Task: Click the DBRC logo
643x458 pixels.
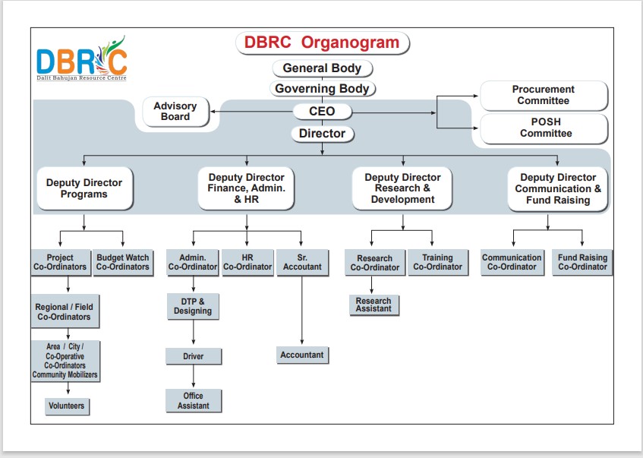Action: point(81,58)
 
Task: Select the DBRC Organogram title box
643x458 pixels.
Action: point(322,43)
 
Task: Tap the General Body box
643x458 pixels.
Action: point(322,68)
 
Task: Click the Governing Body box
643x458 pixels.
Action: point(322,89)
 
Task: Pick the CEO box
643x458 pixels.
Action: point(322,112)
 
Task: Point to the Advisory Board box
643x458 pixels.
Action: point(175,112)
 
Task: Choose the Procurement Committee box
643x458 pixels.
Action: point(544,96)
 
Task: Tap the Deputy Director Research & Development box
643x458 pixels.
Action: point(403,188)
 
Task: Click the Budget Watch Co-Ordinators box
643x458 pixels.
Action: point(123,262)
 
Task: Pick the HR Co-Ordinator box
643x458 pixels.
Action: point(247,262)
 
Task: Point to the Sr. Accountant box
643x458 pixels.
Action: point(302,262)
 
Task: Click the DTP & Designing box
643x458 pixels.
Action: point(193,306)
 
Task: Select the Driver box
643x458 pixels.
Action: point(194,356)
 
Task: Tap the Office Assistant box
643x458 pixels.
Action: point(194,400)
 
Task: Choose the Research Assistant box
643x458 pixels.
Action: point(374,305)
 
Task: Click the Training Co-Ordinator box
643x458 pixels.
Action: point(437,262)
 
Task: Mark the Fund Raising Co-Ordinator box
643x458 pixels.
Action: point(582,262)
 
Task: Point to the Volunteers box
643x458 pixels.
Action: point(66,406)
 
